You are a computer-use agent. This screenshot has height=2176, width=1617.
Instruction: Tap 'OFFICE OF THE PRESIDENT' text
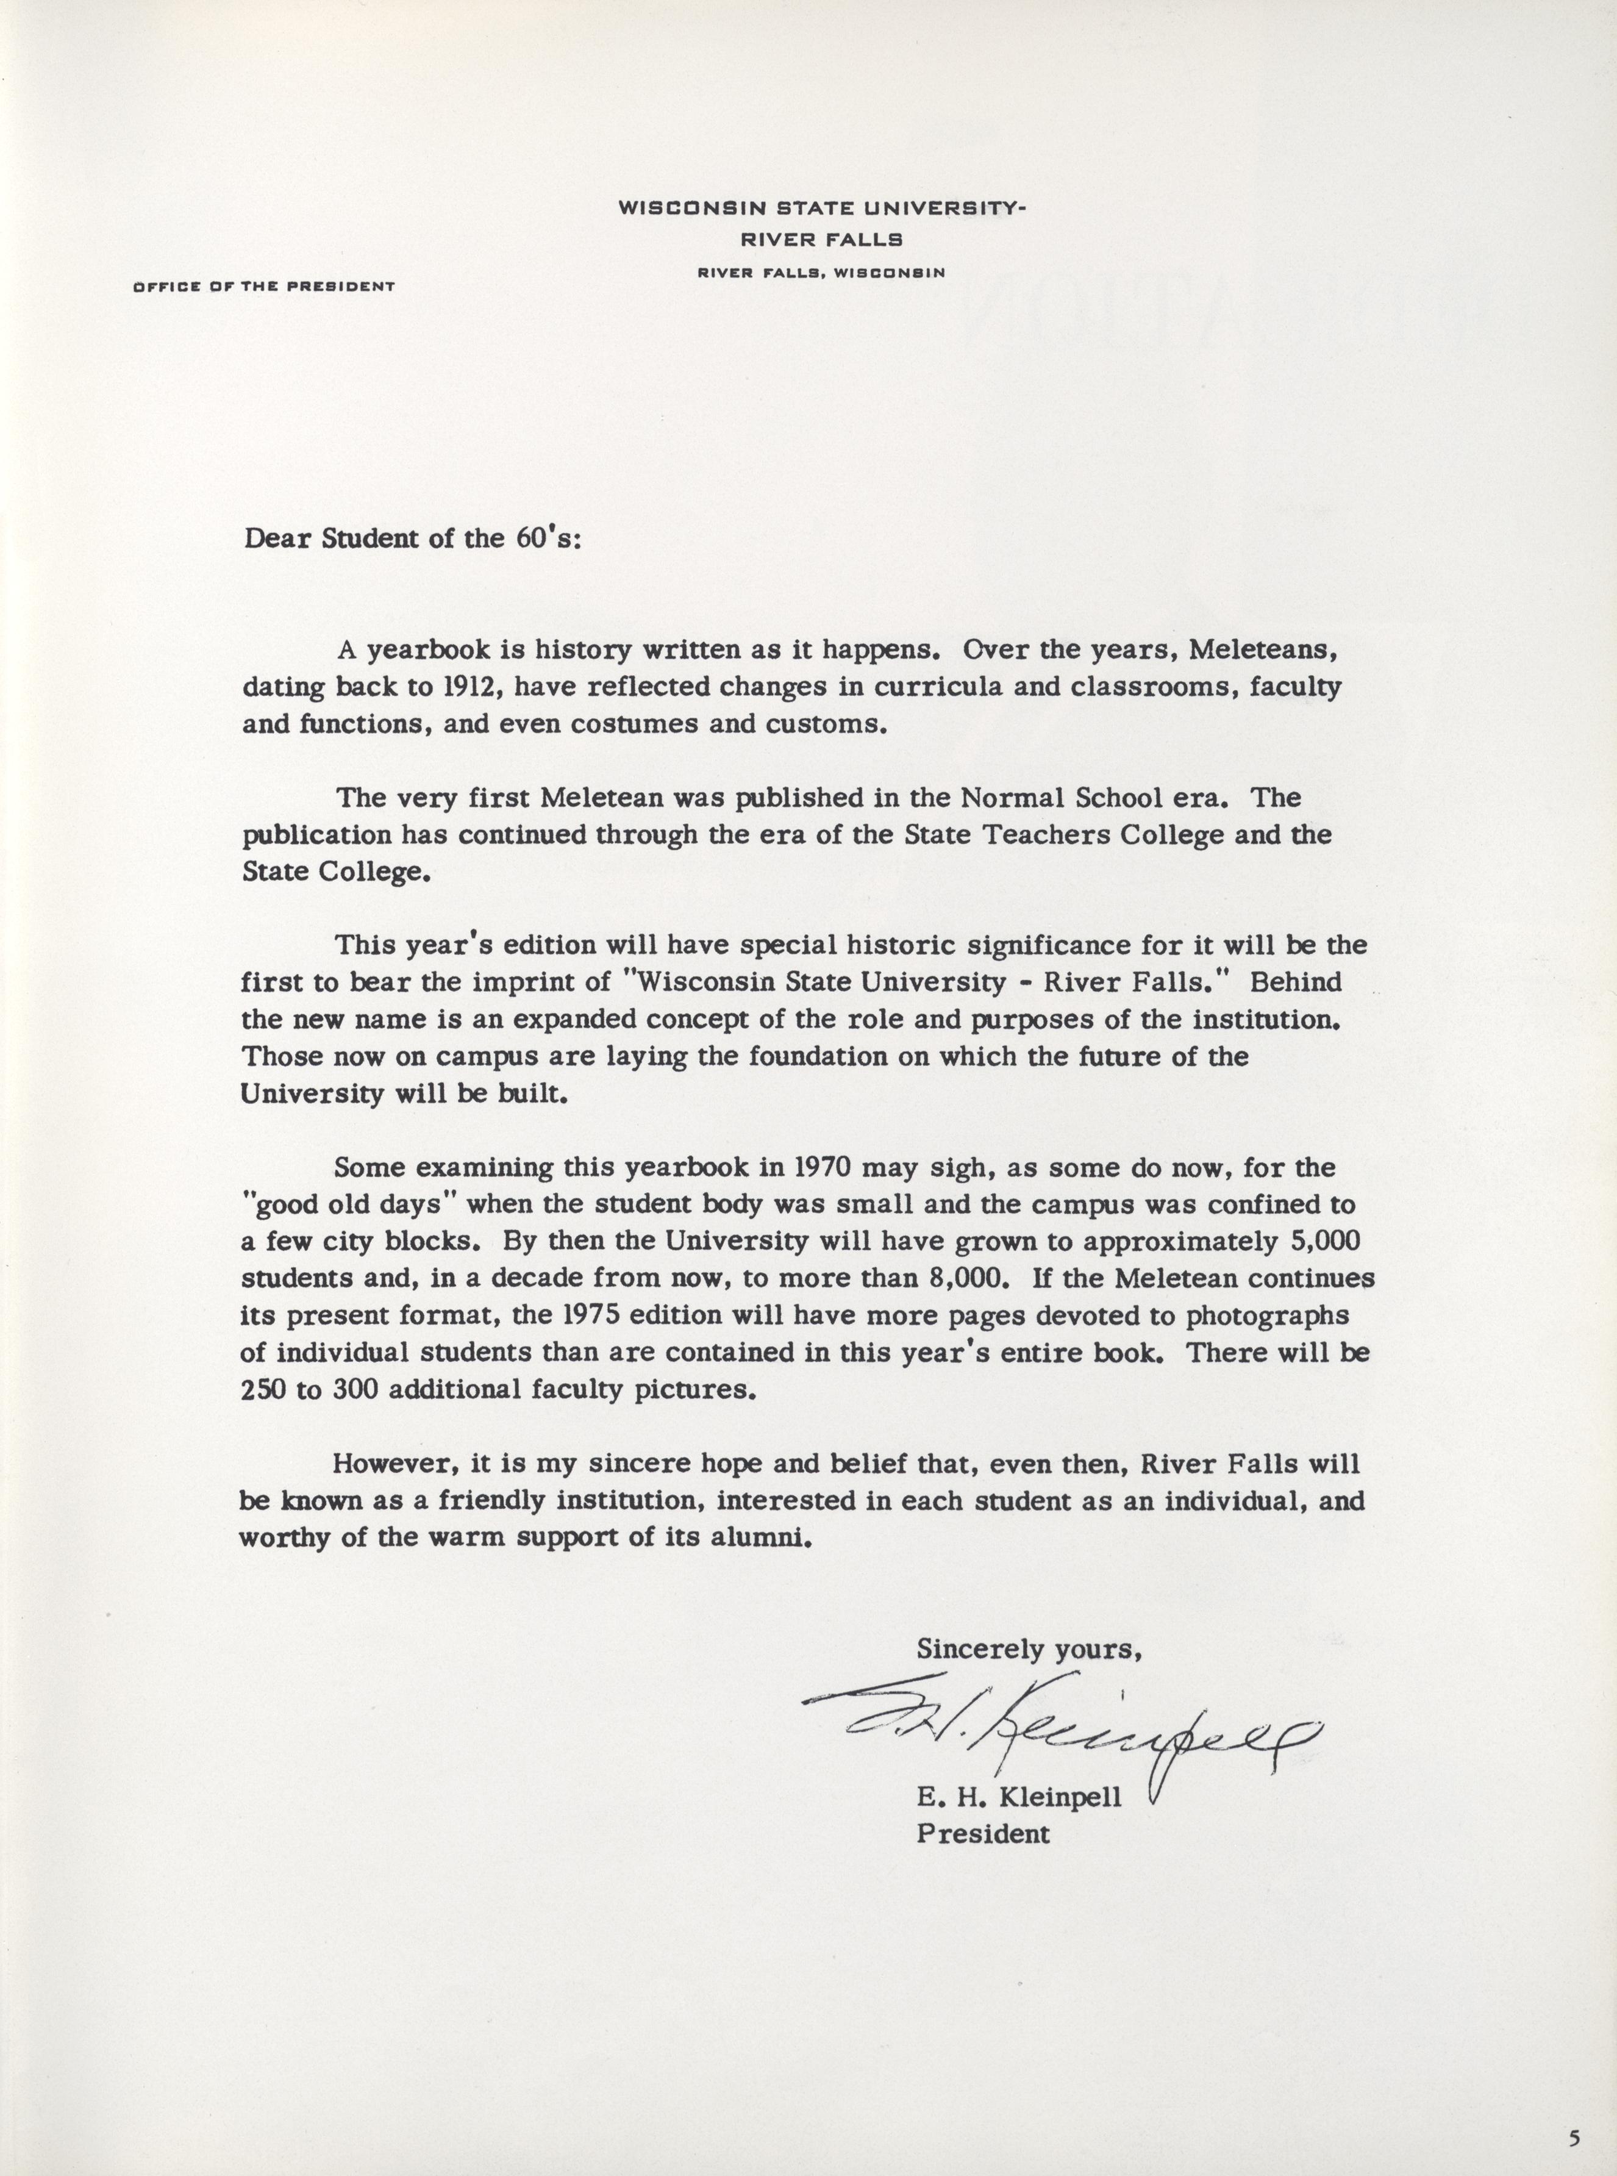(x=263, y=287)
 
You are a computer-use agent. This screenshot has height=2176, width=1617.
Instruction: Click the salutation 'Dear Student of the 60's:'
(x=412, y=539)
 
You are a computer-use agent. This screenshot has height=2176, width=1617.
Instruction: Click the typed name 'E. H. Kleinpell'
(x=1019, y=1798)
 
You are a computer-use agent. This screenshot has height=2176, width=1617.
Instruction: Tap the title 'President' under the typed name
(x=983, y=1834)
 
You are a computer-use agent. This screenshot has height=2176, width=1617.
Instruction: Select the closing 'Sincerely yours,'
(x=1029, y=1649)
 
